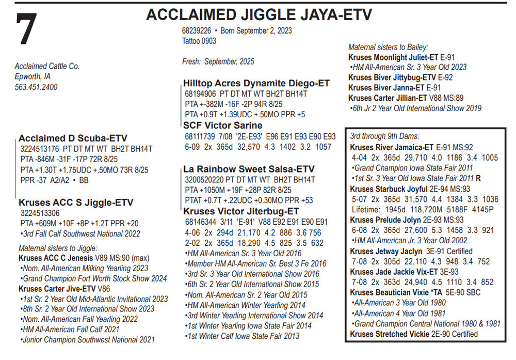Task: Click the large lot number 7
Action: coord(26,30)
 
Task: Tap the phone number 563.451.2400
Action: coord(36,87)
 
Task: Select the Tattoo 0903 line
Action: coord(199,41)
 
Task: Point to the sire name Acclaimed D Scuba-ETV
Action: coord(73,138)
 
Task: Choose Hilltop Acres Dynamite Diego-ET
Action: coord(256,84)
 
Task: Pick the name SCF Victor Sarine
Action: coord(223,126)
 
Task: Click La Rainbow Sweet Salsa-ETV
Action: coord(249,169)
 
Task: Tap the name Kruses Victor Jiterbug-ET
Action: coord(241,211)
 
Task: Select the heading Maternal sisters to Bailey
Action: coord(388,47)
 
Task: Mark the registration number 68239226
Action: coord(197,30)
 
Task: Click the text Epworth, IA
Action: coord(34,76)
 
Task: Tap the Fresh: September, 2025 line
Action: coord(218,61)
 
